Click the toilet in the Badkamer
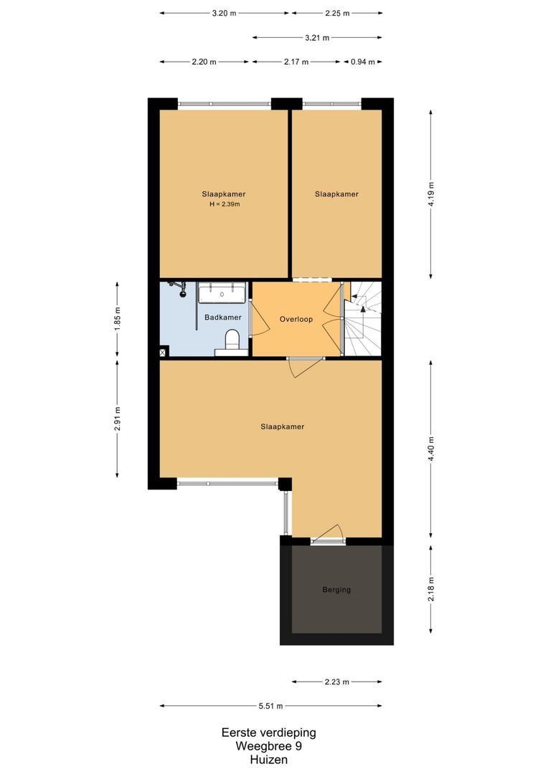(x=232, y=340)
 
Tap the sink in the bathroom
(x=222, y=292)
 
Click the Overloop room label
(x=296, y=320)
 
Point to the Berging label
(x=336, y=590)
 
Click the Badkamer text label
(x=222, y=317)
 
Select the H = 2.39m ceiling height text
(x=224, y=204)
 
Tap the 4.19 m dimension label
(x=431, y=194)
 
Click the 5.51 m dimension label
(x=270, y=706)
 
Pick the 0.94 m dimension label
(x=362, y=62)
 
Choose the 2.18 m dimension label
(x=431, y=590)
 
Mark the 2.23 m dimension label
(x=336, y=682)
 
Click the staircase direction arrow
(x=363, y=308)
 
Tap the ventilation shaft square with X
(x=164, y=351)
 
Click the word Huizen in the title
(x=268, y=759)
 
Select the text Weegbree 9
(x=268, y=746)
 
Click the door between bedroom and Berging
(x=329, y=538)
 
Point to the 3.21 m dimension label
(x=317, y=37)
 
